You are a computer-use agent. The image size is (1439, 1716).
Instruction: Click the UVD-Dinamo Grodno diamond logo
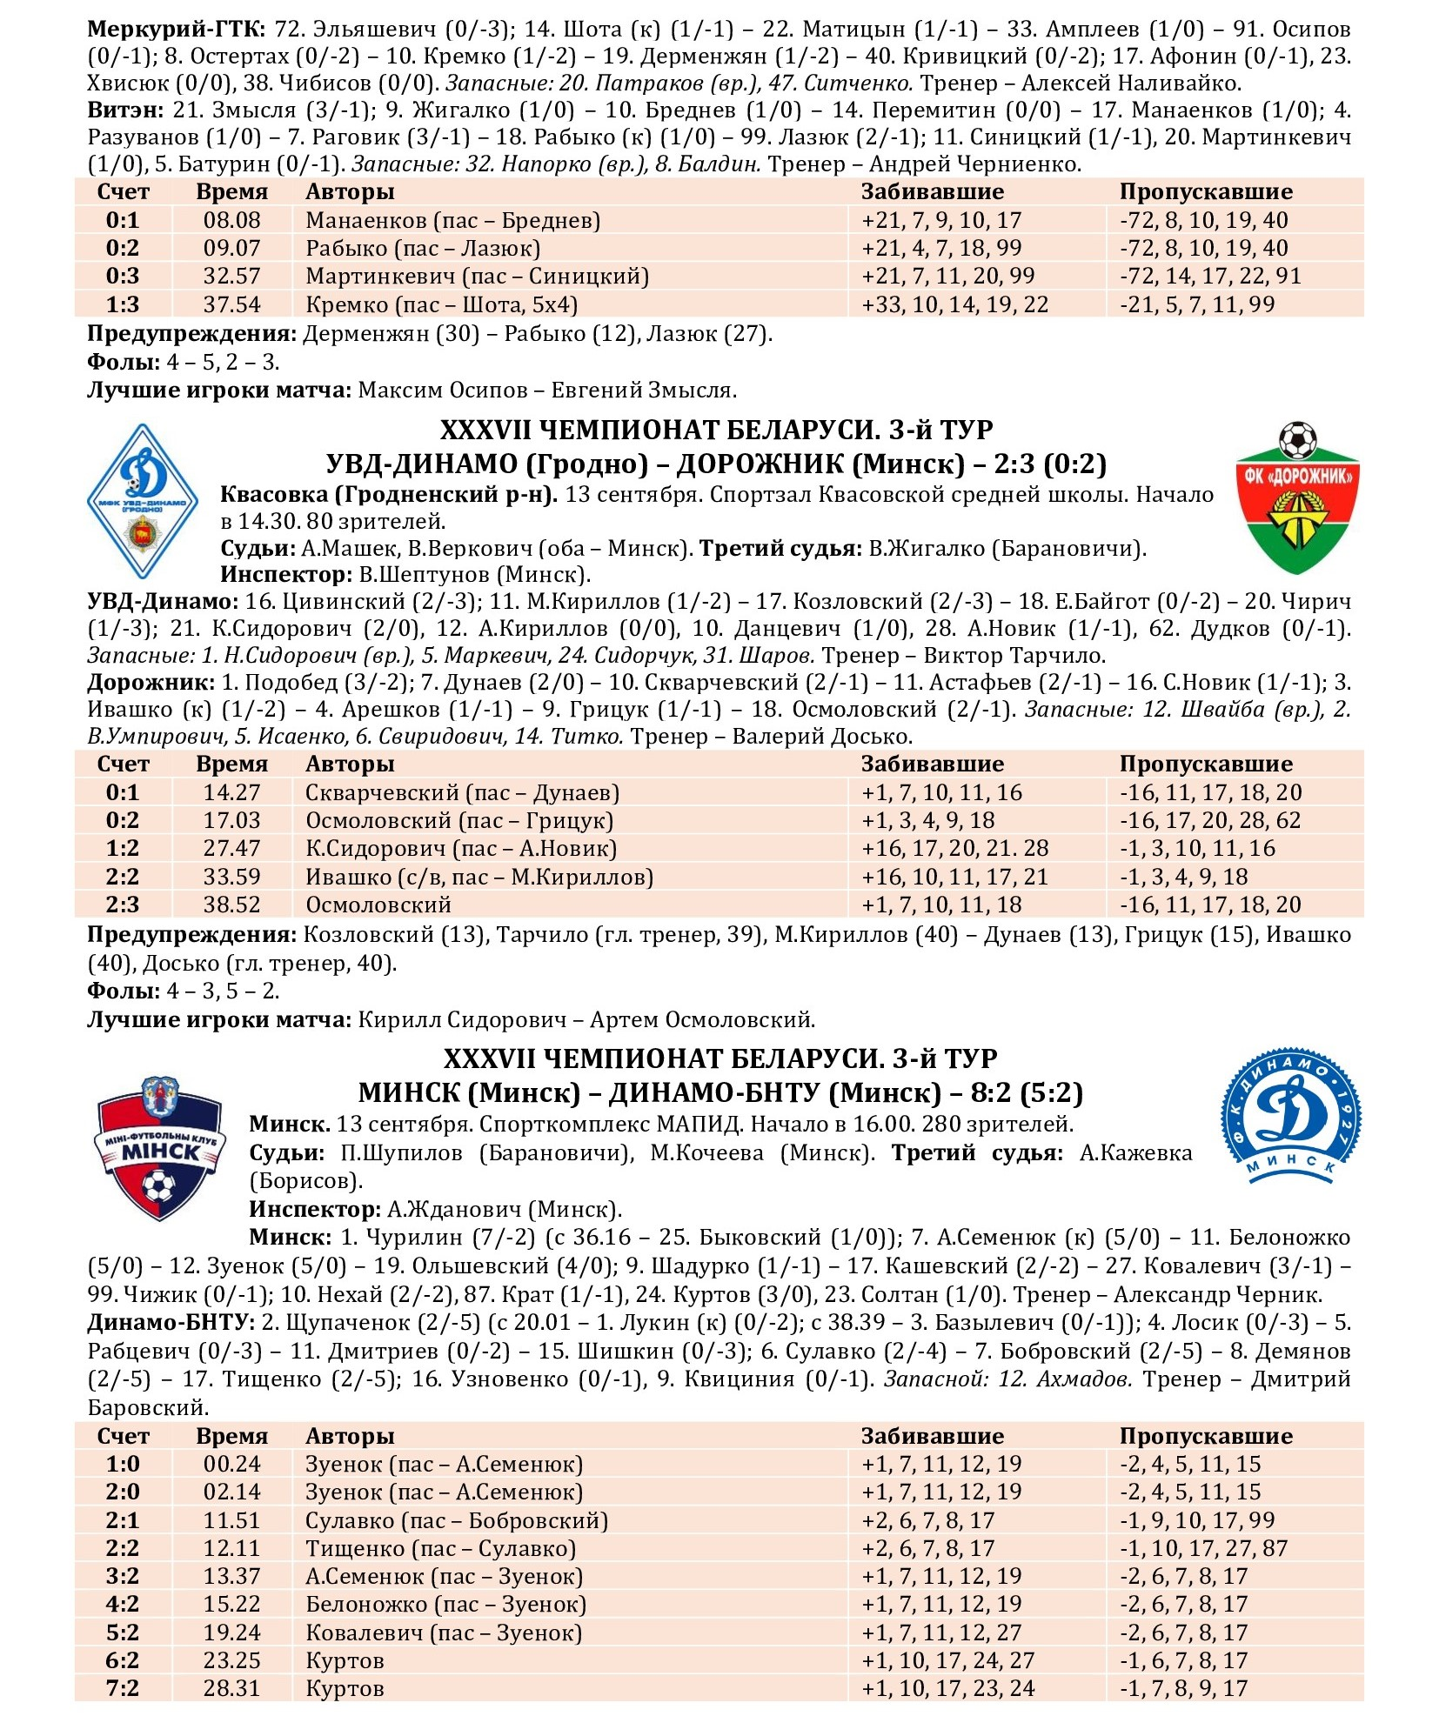pyautogui.click(x=142, y=502)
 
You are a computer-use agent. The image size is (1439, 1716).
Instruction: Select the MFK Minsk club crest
pyautogui.click(x=159, y=1147)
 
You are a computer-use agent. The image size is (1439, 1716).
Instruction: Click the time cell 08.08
pyautogui.click(x=231, y=220)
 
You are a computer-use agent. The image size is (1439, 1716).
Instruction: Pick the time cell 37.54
pyautogui.click(x=231, y=304)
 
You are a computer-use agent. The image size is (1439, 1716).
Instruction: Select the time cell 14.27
pyautogui.click(x=231, y=792)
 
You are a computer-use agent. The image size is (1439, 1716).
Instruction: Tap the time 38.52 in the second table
pyautogui.click(x=231, y=905)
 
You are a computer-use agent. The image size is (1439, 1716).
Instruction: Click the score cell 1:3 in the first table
pyautogui.click(x=123, y=304)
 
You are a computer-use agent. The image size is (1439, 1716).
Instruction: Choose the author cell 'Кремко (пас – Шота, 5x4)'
pyautogui.click(x=441, y=304)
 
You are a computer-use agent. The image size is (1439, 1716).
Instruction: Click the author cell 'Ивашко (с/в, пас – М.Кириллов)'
pyautogui.click(x=479, y=877)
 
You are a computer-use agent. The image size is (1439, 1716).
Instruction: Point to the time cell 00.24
pyautogui.click(x=231, y=1464)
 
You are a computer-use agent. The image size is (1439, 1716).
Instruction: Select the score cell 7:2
pyautogui.click(x=123, y=1688)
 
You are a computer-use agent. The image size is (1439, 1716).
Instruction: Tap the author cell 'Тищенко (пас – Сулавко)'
pyautogui.click(x=440, y=1548)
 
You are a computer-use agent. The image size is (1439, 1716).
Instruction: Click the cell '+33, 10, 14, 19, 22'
pyautogui.click(x=954, y=304)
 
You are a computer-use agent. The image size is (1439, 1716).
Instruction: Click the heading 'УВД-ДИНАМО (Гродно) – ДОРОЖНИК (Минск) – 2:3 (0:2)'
pyautogui.click(x=716, y=464)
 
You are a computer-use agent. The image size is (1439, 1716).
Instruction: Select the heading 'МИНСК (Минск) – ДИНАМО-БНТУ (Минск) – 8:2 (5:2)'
pyautogui.click(x=720, y=1092)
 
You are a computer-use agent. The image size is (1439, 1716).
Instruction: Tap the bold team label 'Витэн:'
pyautogui.click(x=126, y=110)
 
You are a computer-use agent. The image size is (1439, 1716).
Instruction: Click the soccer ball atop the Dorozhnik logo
pyautogui.click(x=1297, y=440)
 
